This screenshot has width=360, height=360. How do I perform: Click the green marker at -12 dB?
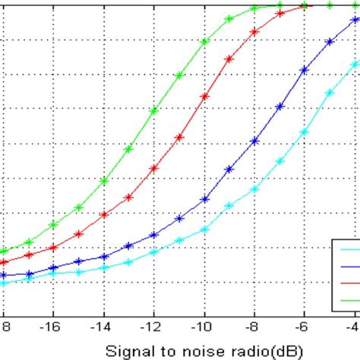click(153, 111)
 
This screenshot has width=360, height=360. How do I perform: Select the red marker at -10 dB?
click(204, 96)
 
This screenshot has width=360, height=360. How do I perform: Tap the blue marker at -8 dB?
click(255, 141)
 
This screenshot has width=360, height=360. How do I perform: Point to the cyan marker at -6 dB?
click(305, 131)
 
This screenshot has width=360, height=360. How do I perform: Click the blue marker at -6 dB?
click(305, 71)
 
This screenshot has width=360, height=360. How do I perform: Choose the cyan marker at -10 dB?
click(204, 228)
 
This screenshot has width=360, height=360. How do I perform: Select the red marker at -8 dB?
click(255, 33)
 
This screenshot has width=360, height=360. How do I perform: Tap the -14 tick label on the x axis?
click(103, 324)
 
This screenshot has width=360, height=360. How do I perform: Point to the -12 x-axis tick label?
click(153, 324)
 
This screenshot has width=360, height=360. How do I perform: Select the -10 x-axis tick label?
click(203, 324)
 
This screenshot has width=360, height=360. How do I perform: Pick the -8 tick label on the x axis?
click(254, 324)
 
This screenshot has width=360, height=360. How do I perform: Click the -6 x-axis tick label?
click(305, 324)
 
